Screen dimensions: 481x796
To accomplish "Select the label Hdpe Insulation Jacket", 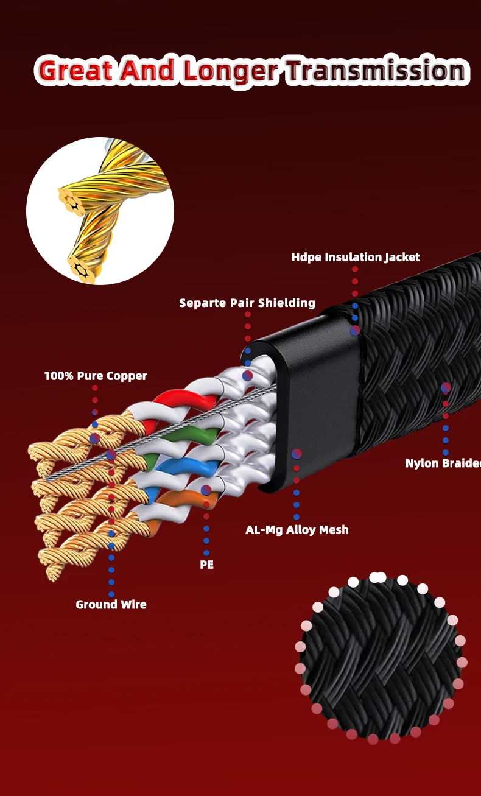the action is click(x=356, y=257).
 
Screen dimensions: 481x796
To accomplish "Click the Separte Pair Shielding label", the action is click(x=247, y=303).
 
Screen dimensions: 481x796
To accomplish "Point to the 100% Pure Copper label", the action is click(x=96, y=376).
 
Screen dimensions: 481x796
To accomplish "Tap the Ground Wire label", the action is click(x=111, y=604).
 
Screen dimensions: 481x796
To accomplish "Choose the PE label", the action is click(x=206, y=565).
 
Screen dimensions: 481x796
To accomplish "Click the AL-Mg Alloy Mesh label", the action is click(x=297, y=530).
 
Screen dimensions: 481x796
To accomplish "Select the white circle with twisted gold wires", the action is click(x=100, y=211).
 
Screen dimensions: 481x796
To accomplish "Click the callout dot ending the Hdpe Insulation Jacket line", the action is click(x=355, y=330).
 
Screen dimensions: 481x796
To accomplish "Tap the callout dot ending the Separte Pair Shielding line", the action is click(x=247, y=376).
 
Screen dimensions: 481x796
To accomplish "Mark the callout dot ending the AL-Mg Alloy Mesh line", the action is click(x=297, y=454).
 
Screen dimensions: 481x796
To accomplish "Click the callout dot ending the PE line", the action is click(x=206, y=490).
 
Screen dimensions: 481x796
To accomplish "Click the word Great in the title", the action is click(x=75, y=71).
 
